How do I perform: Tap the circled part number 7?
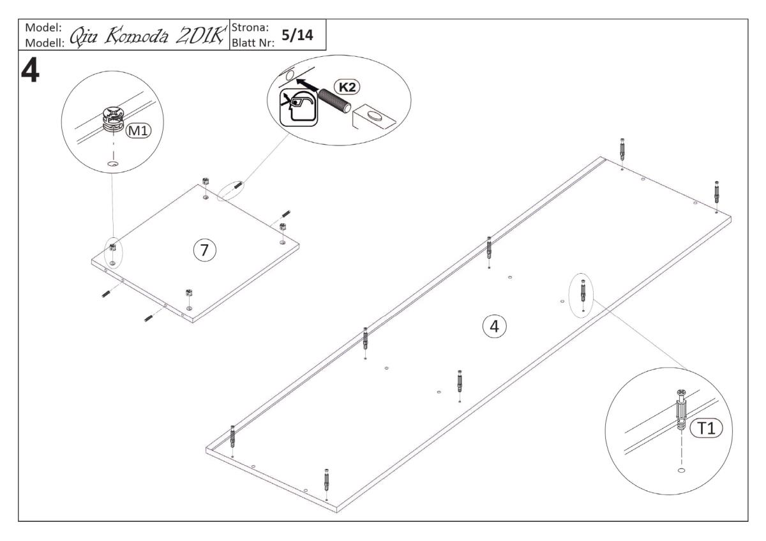pyautogui.click(x=204, y=250)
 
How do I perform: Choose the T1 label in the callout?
pyautogui.click(x=705, y=431)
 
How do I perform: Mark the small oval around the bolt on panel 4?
pyautogui.click(x=583, y=294)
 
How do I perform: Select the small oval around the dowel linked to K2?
pyautogui.click(x=231, y=191)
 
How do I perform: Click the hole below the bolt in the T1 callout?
pyautogui.click(x=681, y=470)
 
